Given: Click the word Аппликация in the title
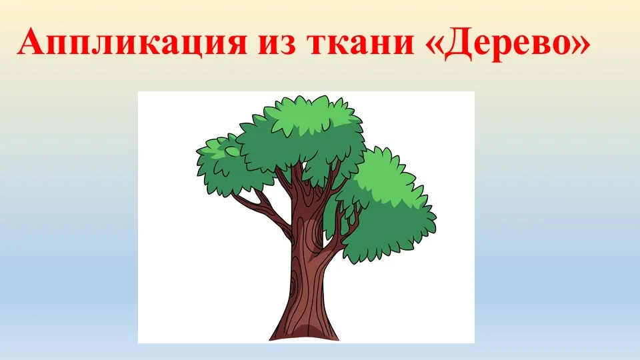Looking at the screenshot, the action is (131, 41).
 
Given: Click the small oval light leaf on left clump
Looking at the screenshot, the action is (233, 152).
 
